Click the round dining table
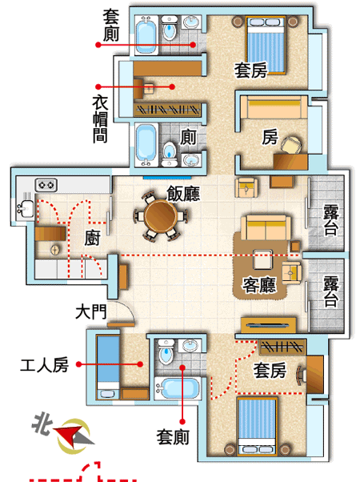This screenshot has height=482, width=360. point(161,215)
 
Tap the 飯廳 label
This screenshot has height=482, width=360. point(183,193)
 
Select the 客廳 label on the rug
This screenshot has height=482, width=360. point(259,284)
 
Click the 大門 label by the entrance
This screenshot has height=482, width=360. point(91,311)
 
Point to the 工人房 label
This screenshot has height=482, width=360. point(44,365)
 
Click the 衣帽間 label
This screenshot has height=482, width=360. point(100,119)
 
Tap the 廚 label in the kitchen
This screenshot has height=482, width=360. point(93,239)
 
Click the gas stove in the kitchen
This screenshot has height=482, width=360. point(46,185)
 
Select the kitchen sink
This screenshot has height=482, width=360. point(26,207)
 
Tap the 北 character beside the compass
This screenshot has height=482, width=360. point(42,424)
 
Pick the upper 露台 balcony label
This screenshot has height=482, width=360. point(331,220)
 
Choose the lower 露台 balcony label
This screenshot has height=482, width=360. point(331,291)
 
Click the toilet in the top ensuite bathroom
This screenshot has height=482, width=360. point(170,28)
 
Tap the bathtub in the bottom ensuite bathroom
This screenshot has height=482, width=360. point(178,388)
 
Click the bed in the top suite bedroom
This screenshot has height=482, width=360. point(266,46)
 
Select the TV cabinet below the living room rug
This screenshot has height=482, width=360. point(269,325)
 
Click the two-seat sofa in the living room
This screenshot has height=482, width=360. point(266,227)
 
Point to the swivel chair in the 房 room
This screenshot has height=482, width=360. point(290,144)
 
